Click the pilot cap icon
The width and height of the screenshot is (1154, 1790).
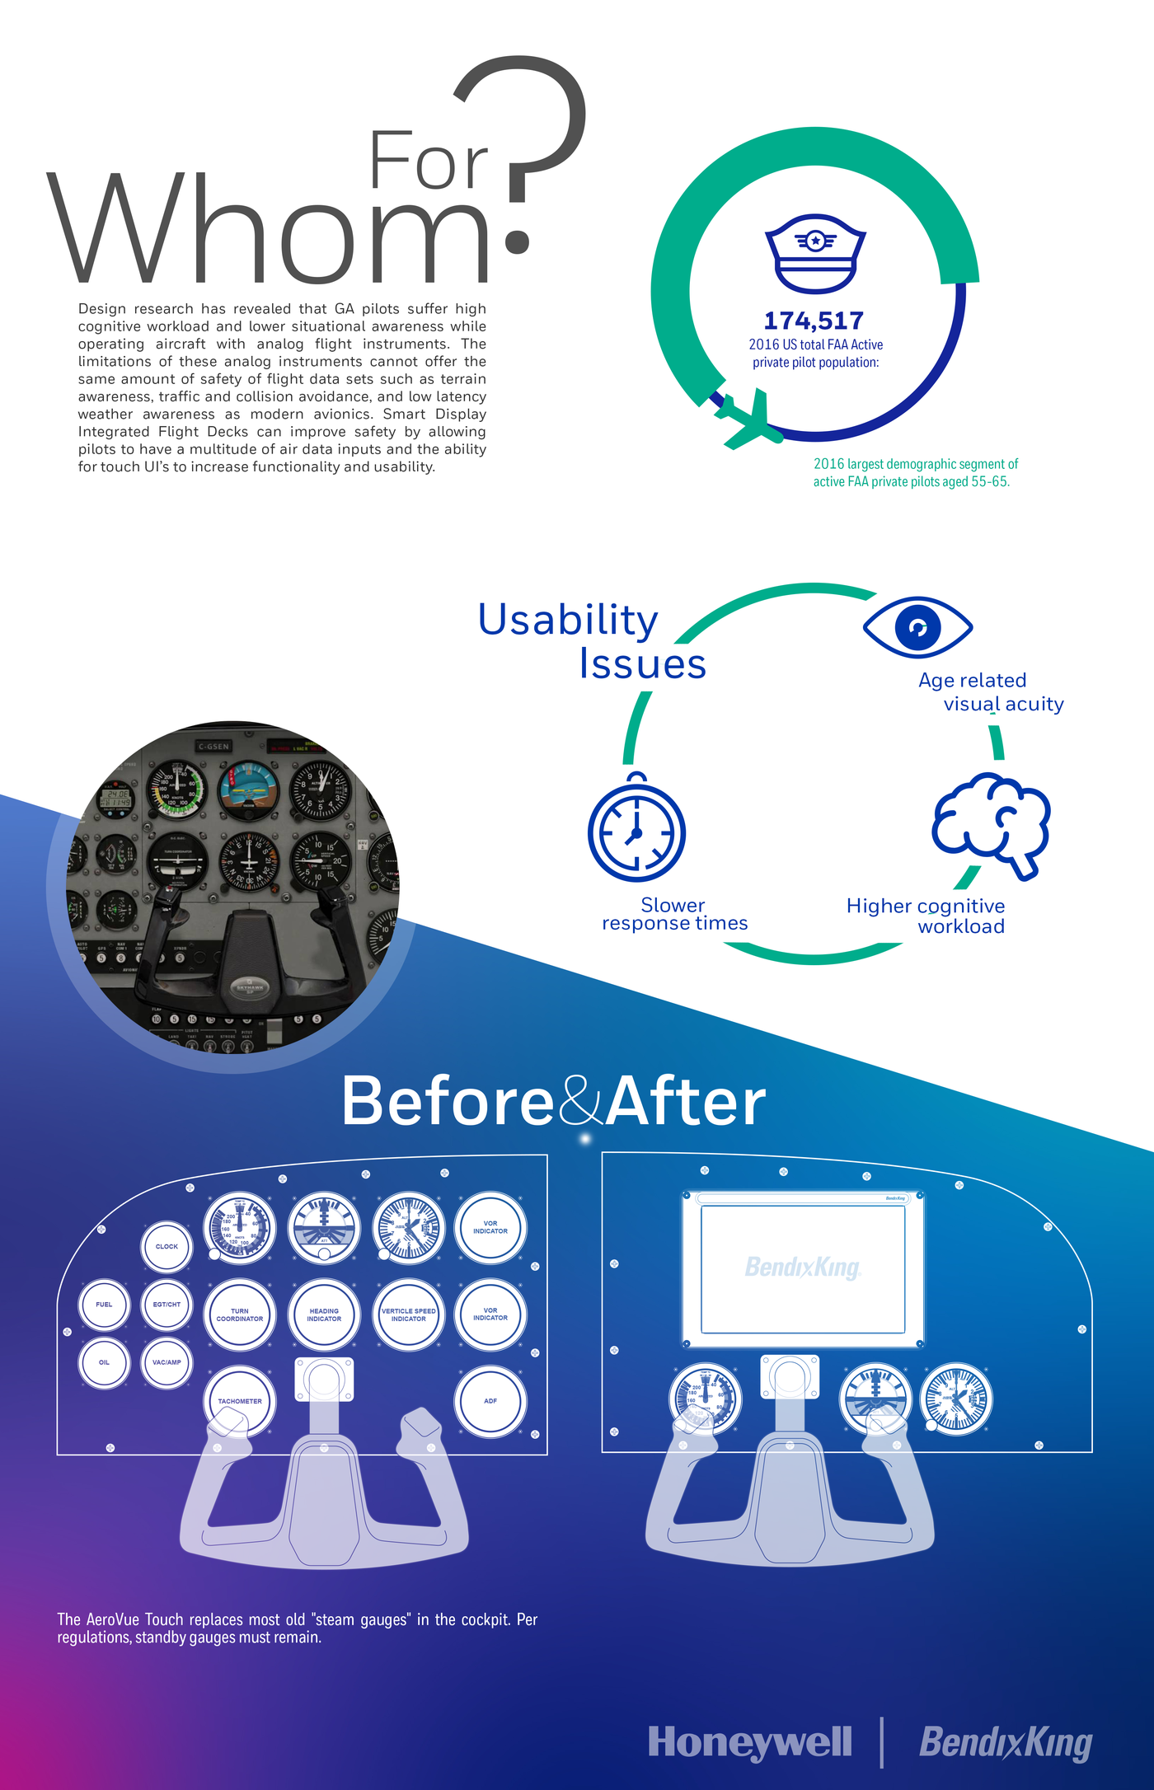coord(815,254)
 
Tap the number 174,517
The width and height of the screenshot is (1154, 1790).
coord(814,321)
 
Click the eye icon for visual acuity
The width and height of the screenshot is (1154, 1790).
coord(917,627)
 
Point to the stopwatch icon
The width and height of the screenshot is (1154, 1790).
coord(636,831)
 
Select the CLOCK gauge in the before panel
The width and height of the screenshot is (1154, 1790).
coord(167,1247)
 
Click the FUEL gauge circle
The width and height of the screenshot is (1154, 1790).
coord(104,1305)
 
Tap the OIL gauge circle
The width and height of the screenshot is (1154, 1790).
coord(104,1362)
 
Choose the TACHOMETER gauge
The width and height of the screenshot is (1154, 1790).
coord(240,1401)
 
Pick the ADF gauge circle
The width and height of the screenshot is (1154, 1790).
coord(490,1401)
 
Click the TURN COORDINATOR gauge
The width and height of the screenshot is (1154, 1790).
coord(240,1314)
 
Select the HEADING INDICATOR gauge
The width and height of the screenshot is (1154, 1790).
coord(324,1314)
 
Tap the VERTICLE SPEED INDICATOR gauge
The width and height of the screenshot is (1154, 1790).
coord(409,1314)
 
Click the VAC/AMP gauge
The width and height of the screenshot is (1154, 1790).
coord(167,1362)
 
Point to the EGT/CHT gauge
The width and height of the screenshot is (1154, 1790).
coord(167,1305)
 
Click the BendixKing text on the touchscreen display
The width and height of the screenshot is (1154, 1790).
coord(803,1268)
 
